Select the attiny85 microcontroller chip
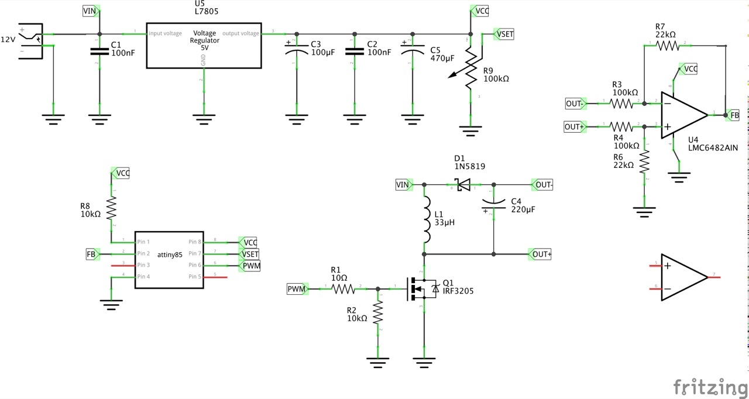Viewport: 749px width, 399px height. [x=169, y=259]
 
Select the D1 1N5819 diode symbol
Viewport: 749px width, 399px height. [x=463, y=185]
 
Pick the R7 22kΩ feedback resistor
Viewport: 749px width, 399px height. [x=668, y=45]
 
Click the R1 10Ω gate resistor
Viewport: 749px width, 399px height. [x=343, y=289]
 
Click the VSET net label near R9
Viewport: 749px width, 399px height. [x=504, y=34]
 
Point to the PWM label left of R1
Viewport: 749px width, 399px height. [x=296, y=289]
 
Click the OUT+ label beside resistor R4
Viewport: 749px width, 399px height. [x=574, y=126]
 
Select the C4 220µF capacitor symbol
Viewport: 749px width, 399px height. [x=494, y=205]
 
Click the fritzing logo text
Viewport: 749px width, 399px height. [x=710, y=387]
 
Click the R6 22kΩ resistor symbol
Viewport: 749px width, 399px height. [x=645, y=163]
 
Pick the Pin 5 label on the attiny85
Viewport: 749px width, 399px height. [x=195, y=277]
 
